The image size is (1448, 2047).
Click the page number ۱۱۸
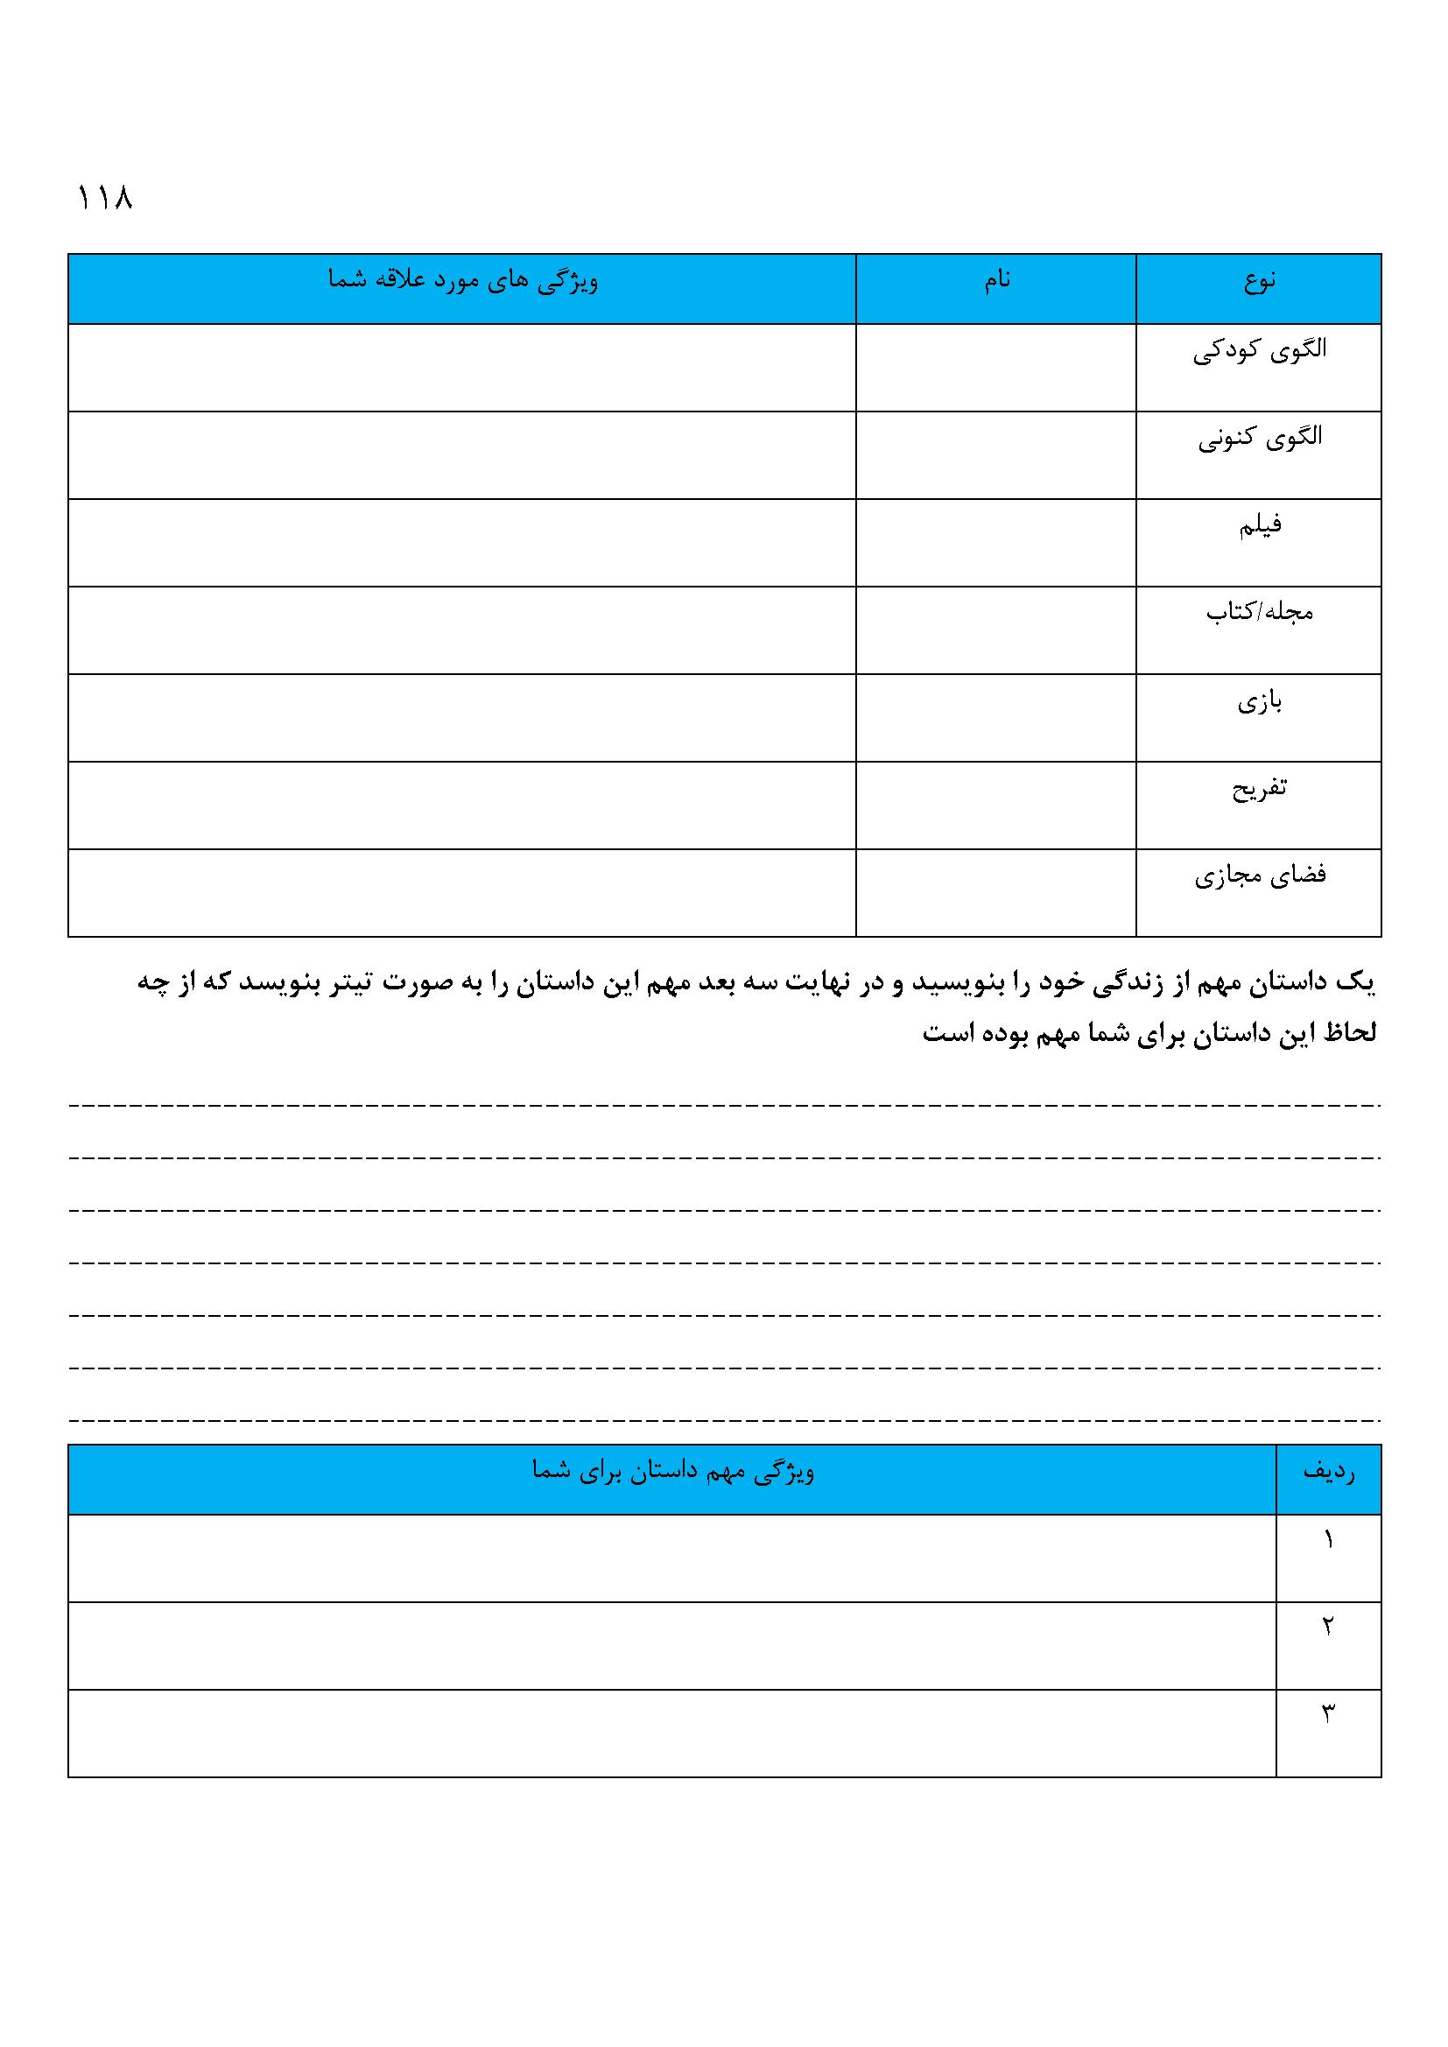click(x=105, y=198)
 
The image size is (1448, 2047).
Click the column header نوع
click(x=1259, y=282)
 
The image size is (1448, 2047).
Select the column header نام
click(x=997, y=281)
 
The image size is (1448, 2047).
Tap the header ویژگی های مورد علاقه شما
click(x=463, y=281)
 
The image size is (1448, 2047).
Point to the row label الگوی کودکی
click(x=1259, y=350)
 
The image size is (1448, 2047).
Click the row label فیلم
click(x=1259, y=525)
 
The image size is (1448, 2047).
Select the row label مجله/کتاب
click(x=1259, y=613)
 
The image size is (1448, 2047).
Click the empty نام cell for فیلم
click(x=995, y=542)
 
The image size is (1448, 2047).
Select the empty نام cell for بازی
click(x=995, y=718)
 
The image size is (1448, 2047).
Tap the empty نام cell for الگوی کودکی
click(x=995, y=368)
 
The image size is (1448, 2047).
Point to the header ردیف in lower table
click(x=1329, y=1474)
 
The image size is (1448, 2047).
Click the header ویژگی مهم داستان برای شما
click(x=672, y=1472)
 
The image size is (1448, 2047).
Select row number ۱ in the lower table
click(x=1329, y=1541)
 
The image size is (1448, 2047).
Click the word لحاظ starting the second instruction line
click(x=1350, y=1033)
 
